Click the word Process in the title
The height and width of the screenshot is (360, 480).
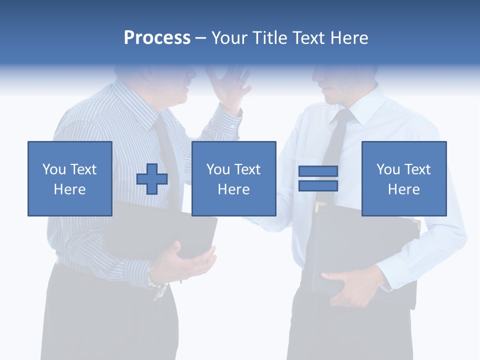pos(157,37)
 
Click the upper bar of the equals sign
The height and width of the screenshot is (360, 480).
pos(318,171)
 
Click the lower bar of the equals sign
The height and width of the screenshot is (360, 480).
pos(318,185)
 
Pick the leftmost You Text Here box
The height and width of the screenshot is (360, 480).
pos(69,178)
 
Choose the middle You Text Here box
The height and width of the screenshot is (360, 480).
pos(233,178)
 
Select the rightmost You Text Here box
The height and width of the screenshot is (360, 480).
pos(403,178)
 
